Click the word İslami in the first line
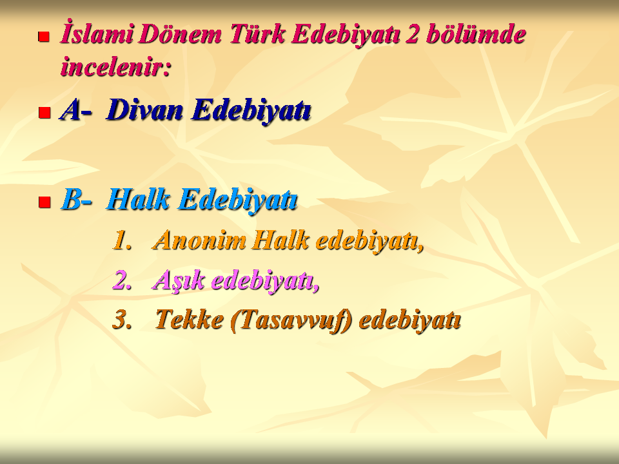tap(97, 33)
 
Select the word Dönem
tap(180, 34)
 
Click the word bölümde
tap(476, 34)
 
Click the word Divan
tap(144, 110)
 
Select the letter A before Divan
tap(70, 110)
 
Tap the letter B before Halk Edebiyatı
tap(72, 199)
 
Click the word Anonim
tap(199, 240)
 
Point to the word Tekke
tap(189, 319)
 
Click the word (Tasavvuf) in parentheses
tap(291, 320)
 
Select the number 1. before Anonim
tap(122, 240)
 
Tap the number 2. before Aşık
tap(122, 280)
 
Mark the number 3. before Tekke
tap(122, 320)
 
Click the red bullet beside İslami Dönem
tap(44, 37)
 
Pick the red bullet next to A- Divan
tap(44, 113)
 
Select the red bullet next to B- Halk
tap(44, 202)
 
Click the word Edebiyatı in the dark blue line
tap(251, 110)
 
